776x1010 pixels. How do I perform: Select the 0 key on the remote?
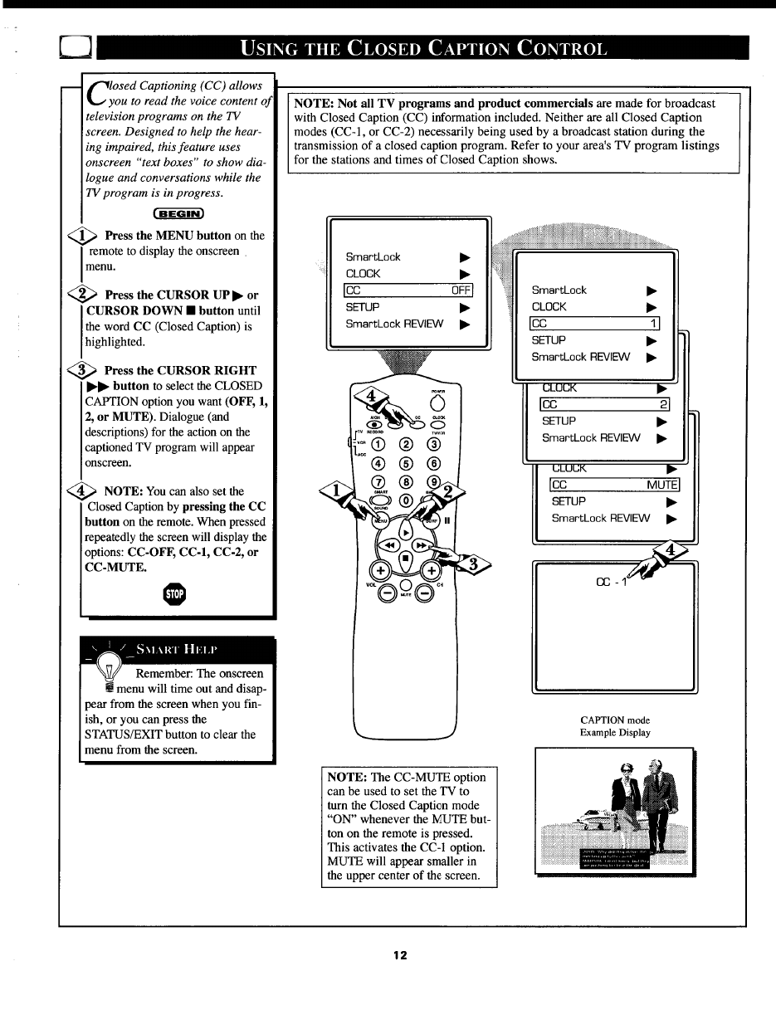pos(406,500)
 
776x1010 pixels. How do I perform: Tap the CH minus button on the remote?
pos(425,593)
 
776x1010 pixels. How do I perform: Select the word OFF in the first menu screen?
pos(461,290)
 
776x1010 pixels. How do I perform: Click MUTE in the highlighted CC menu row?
pos(662,485)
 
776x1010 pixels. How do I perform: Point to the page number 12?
pos(400,955)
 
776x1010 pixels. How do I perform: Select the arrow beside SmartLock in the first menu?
pos(465,257)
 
